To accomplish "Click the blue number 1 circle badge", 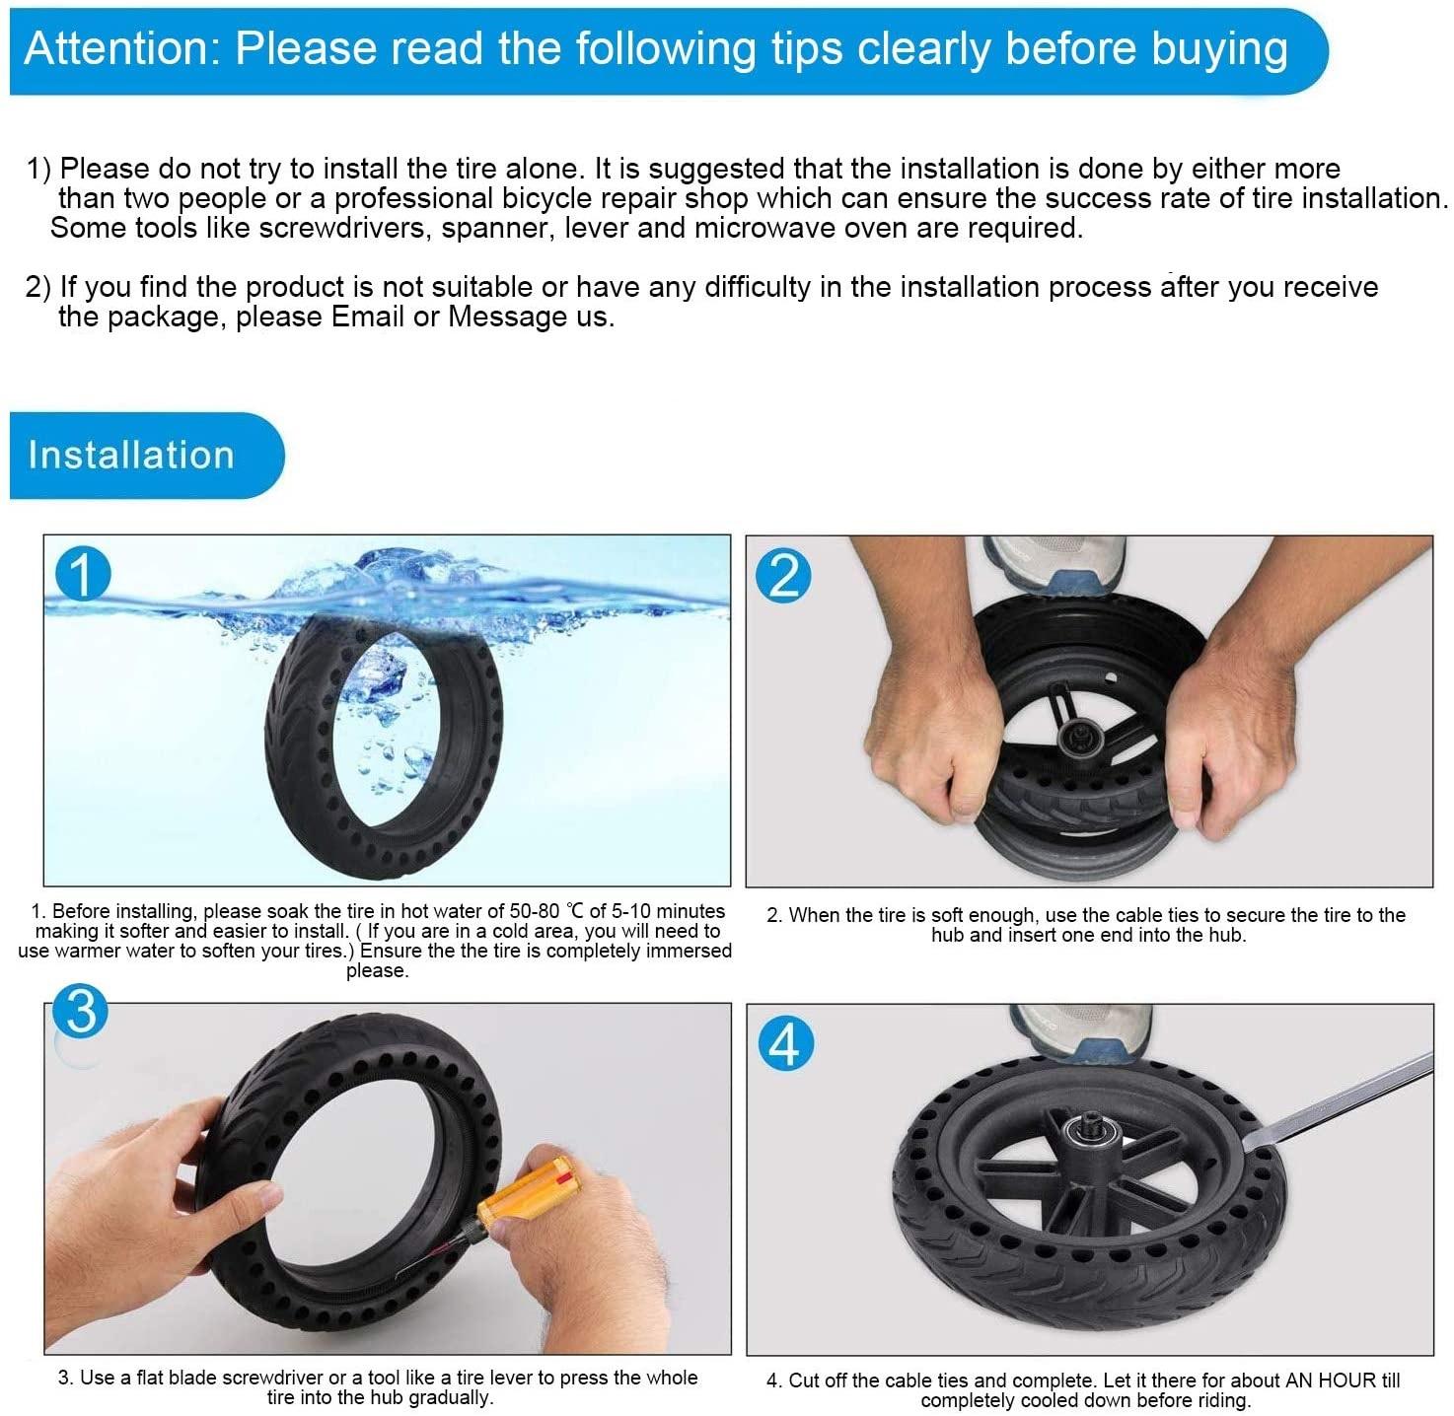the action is (x=83, y=574).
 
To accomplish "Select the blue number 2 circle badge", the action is (x=783, y=577).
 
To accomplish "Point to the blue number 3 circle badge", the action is (x=81, y=1011).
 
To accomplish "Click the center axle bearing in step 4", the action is (x=1095, y=1134).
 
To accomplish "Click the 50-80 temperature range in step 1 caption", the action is (x=535, y=911).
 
